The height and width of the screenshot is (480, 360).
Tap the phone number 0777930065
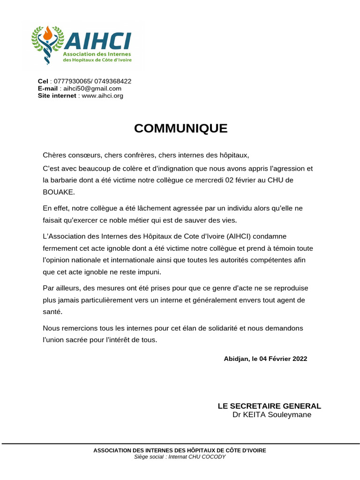coord(72,81)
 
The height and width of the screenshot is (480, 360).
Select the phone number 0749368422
coord(112,81)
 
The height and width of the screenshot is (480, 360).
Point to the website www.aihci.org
coord(102,96)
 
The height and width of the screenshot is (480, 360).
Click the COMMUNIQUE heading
coord(180,128)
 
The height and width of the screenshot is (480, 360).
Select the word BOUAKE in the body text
coord(59,192)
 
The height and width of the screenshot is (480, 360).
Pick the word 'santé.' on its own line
coord(52,312)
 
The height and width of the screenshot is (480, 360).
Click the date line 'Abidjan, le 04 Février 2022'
coord(265,359)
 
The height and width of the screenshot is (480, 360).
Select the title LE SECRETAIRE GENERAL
coord(269,406)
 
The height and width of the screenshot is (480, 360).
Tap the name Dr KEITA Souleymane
coord(271,415)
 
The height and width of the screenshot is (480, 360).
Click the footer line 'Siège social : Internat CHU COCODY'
coord(180,457)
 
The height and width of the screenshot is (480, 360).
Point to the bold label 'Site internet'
coord(57,96)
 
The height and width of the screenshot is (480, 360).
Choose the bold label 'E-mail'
coord(48,89)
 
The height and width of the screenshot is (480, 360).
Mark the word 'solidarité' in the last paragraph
coord(221,328)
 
